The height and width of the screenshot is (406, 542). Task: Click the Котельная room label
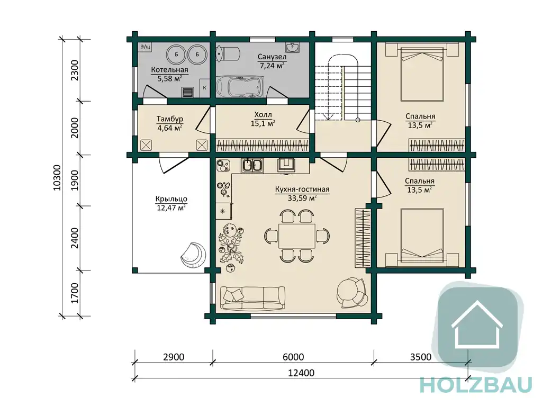click(x=169, y=74)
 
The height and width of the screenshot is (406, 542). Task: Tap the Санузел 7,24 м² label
click(x=272, y=61)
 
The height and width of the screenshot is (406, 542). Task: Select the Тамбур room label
click(x=170, y=123)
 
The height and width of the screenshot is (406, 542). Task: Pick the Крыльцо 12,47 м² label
click(x=171, y=203)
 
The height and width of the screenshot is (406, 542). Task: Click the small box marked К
click(x=204, y=87)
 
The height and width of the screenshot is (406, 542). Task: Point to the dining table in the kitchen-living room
click(x=297, y=236)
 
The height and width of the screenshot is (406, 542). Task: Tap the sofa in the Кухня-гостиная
click(x=252, y=298)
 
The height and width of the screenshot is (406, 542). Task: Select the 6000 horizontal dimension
click(x=293, y=357)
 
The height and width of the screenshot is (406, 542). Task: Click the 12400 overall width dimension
click(x=301, y=373)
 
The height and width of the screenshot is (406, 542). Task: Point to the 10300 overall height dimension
click(x=57, y=177)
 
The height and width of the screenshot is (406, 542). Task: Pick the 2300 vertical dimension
click(x=75, y=70)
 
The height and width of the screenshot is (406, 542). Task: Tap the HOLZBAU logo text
click(x=476, y=385)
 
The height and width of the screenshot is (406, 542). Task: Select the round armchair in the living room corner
click(x=352, y=293)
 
